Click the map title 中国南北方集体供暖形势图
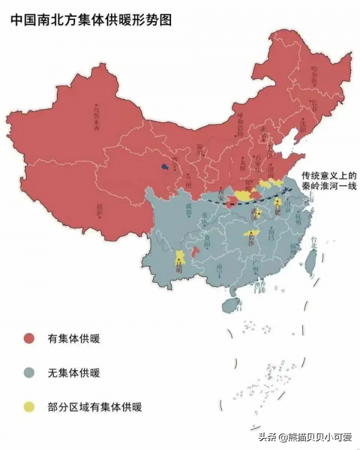(91, 20)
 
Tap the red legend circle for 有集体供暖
(29, 338)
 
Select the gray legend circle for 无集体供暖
(29, 373)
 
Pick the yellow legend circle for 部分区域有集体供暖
(29, 407)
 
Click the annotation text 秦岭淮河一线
(329, 187)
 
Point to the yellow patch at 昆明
(179, 259)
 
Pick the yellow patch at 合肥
(277, 207)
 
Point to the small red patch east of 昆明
(194, 254)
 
